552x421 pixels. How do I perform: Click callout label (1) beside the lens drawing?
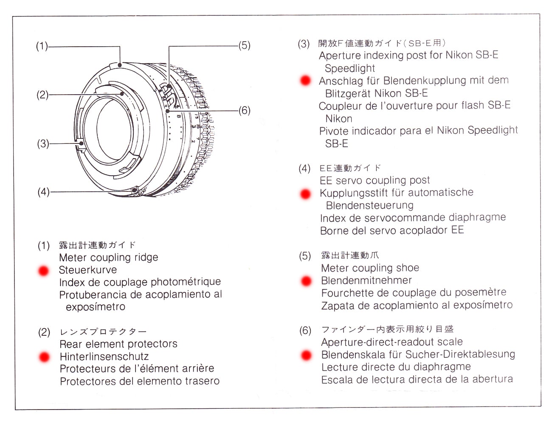42,46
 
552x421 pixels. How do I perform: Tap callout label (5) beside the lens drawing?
244,45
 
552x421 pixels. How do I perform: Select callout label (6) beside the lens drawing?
244,110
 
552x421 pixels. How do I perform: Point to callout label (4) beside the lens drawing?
43,192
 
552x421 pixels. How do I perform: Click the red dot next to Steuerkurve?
43,271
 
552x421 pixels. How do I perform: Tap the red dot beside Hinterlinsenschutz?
44,357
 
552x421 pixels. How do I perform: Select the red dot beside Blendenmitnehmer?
306,281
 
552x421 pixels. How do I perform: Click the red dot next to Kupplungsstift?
305,194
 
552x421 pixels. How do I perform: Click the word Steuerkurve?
88,270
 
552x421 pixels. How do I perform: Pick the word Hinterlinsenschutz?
104,356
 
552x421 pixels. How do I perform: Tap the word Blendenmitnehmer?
366,280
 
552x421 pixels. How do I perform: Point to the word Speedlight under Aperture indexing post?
349,68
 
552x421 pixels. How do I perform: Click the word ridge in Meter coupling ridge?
146,257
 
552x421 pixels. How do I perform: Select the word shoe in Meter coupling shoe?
408,268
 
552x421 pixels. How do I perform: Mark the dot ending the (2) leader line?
122,94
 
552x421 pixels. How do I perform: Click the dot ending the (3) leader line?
81,143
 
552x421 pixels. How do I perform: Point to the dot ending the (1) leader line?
120,65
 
